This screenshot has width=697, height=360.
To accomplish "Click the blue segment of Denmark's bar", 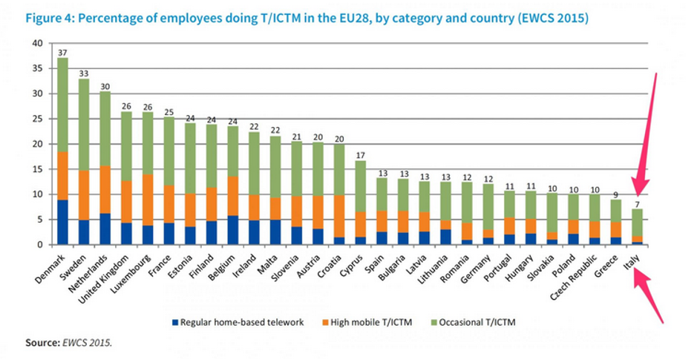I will pyautogui.click(x=63, y=222).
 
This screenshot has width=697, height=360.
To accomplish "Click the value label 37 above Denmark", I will pyautogui.click(x=63, y=52).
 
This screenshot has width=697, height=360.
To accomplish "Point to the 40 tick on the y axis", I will pyautogui.click(x=38, y=43).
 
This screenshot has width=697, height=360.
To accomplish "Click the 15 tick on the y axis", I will pyautogui.click(x=38, y=169).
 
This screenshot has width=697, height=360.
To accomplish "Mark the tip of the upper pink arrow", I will pyautogui.click(x=639, y=192).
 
